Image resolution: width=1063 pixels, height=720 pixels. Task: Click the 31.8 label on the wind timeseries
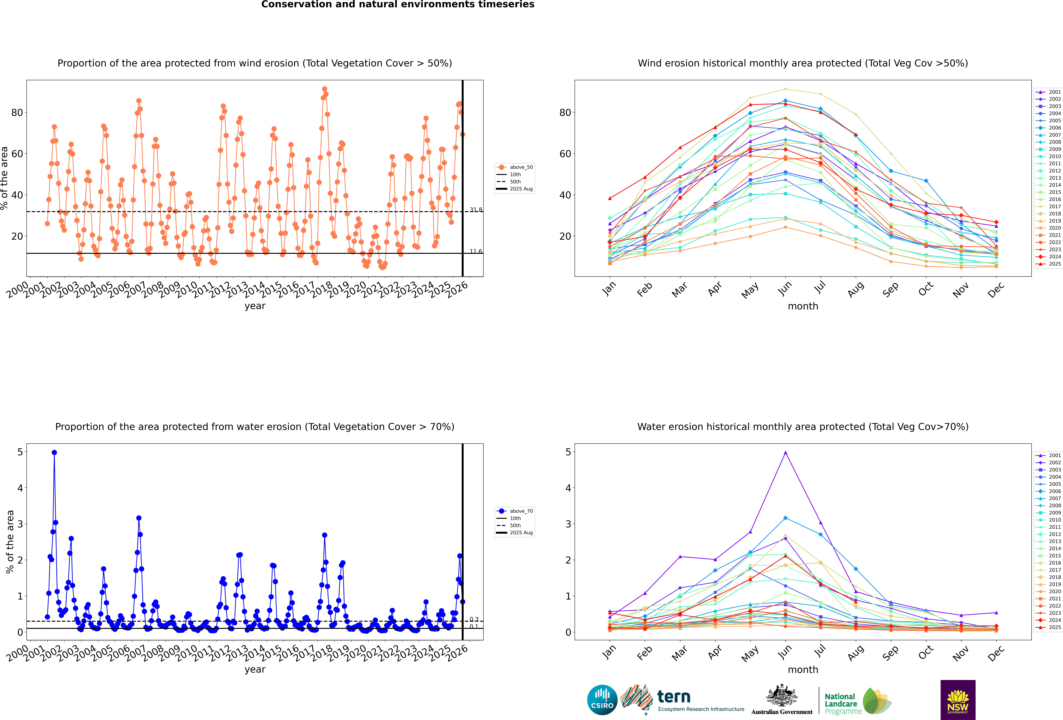click(476, 210)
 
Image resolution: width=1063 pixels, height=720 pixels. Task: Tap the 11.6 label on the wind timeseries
click(476, 251)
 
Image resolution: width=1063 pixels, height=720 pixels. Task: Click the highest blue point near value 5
click(54, 453)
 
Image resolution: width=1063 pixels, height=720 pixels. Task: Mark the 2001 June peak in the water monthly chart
click(785, 453)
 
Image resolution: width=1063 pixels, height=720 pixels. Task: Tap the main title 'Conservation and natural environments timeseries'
click(397, 5)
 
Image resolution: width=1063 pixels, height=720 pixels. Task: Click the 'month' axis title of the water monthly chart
click(803, 670)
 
